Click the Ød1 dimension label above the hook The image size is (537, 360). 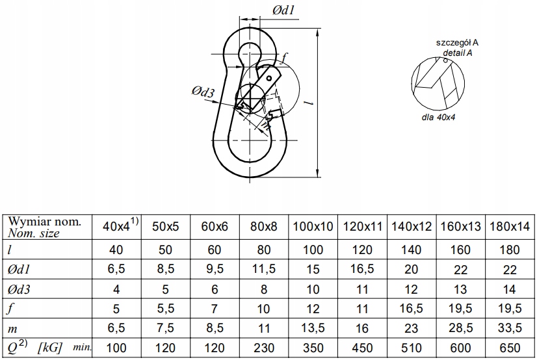click(x=283, y=10)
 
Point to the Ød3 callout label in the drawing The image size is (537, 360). click(x=203, y=92)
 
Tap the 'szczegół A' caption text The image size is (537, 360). click(x=457, y=43)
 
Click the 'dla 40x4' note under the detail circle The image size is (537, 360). click(x=438, y=118)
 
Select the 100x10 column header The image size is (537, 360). click(x=313, y=227)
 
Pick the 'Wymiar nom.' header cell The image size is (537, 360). click(x=44, y=222)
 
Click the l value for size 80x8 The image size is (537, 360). click(x=264, y=250)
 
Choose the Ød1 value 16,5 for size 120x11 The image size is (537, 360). click(x=362, y=269)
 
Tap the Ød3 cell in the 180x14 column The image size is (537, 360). click(x=510, y=290)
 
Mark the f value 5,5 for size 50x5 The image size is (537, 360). click(x=165, y=309)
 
